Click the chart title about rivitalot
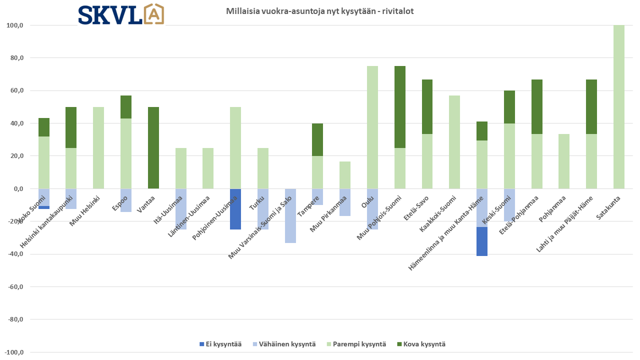click(x=319, y=11)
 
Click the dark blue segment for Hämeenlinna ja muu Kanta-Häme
click(x=482, y=241)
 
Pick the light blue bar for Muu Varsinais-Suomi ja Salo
click(x=290, y=215)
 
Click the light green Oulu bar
click(x=372, y=127)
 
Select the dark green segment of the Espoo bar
click(x=126, y=107)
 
